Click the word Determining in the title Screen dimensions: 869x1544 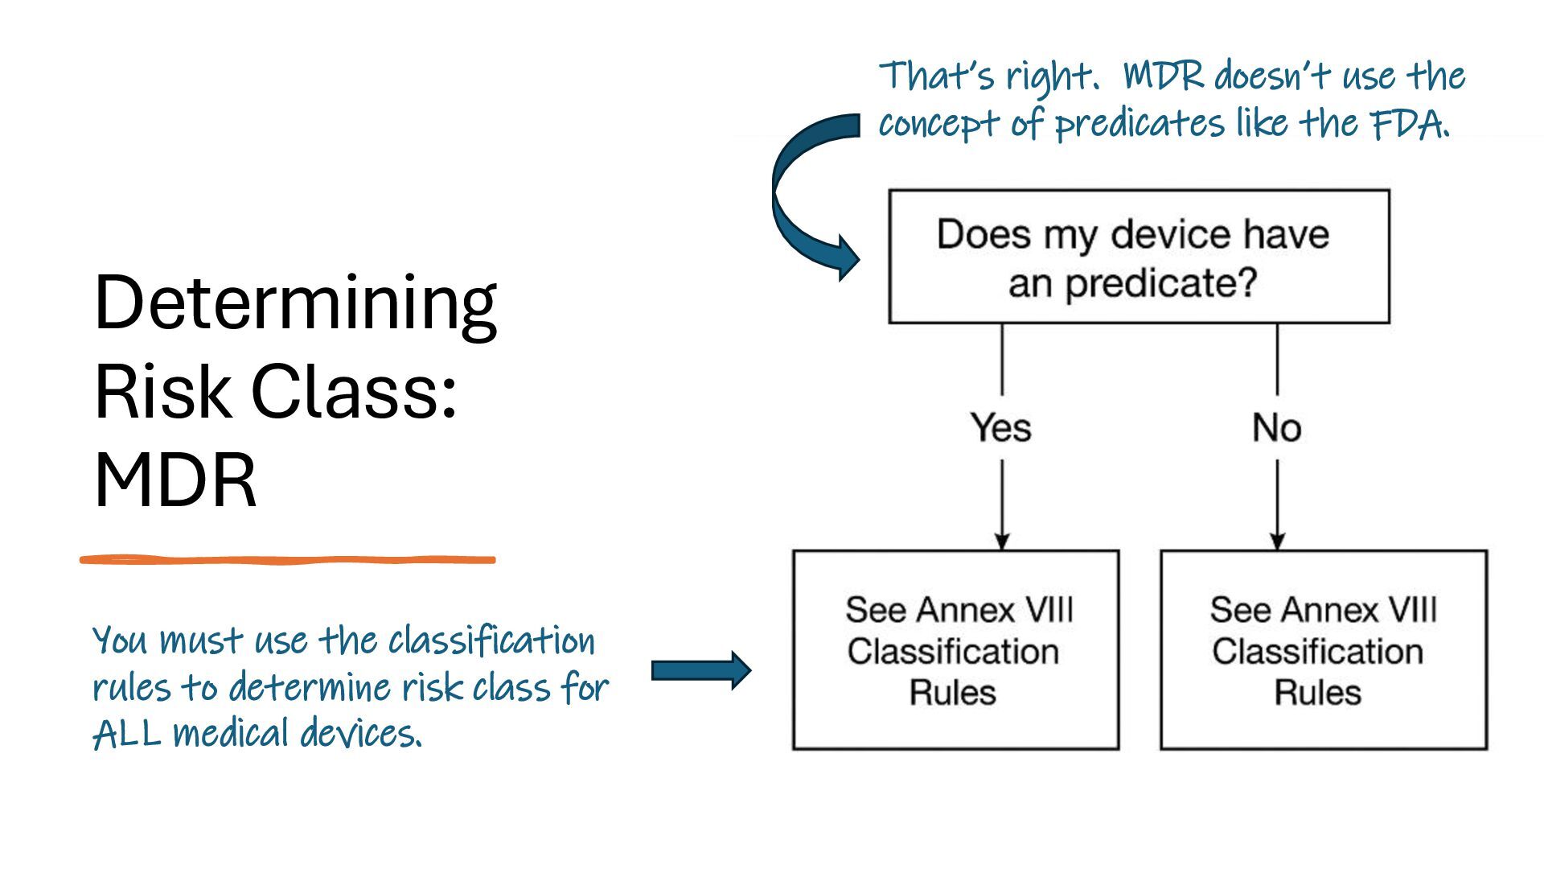pyautogui.click(x=295, y=304)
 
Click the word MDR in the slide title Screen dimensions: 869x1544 pyautogui.click(x=175, y=480)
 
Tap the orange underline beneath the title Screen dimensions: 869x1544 pyautogui.click(x=287, y=559)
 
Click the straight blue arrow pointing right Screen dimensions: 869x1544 pyautogui.click(x=700, y=669)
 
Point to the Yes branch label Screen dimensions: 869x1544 pyautogui.click(x=1000, y=427)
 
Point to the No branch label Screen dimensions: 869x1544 pyautogui.click(x=1276, y=427)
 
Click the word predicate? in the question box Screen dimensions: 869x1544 pyautogui.click(x=1160, y=283)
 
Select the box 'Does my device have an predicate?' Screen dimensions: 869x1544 pyautogui.click(x=1139, y=257)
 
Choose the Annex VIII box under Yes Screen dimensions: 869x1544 pyautogui.click(x=955, y=650)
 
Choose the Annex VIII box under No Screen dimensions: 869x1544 pyautogui.click(x=1323, y=650)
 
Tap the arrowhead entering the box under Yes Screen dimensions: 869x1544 pyautogui.click(x=1002, y=540)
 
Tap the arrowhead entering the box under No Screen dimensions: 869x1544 pyautogui.click(x=1278, y=540)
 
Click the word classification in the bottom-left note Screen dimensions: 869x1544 pyautogui.click(x=491, y=641)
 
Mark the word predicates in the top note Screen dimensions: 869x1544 pyautogui.click(x=1140, y=124)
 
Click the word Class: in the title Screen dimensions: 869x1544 pyautogui.click(x=354, y=392)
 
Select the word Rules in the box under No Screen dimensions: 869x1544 pyautogui.click(x=1317, y=693)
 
